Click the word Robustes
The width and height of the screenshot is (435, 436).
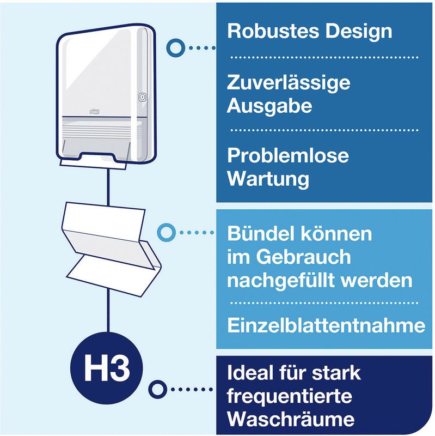point(273,31)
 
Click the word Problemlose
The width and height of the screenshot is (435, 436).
point(288,155)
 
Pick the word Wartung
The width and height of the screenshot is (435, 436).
point(268,179)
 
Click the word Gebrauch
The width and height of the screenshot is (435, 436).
point(303,257)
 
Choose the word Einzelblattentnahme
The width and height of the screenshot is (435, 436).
point(326,325)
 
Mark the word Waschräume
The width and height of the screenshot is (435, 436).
point(291,419)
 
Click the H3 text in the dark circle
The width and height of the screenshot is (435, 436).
point(107,368)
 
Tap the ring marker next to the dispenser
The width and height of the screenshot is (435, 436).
point(175,48)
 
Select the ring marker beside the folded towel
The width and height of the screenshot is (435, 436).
point(166,232)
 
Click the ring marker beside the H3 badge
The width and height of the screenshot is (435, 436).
point(157,390)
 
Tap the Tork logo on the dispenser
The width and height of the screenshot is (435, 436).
point(94,111)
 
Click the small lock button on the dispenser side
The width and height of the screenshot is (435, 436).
point(142,97)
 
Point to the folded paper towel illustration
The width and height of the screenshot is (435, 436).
point(111,249)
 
